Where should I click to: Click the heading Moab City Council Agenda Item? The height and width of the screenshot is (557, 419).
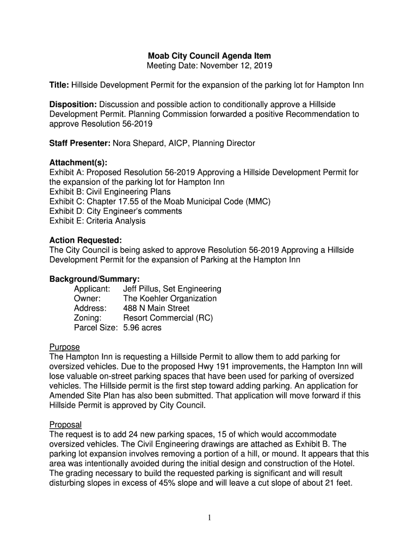point(209,56)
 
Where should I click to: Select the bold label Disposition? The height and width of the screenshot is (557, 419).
point(73,104)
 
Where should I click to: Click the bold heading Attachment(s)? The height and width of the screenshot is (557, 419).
point(78,163)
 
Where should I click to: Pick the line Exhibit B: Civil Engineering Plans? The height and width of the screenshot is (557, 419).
point(110,192)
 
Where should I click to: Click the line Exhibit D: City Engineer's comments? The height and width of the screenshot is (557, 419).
point(115,211)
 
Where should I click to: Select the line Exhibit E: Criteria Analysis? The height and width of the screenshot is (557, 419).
point(97,221)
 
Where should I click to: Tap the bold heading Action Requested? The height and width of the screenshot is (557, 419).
point(85,240)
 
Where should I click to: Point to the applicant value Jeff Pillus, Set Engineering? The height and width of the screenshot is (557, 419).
point(172,289)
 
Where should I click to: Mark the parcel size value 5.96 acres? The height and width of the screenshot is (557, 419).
point(142,328)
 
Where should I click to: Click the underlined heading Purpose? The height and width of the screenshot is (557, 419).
point(65,347)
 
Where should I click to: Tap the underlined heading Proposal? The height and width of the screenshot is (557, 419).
point(65,424)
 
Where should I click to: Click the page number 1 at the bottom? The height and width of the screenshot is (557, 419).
point(209,518)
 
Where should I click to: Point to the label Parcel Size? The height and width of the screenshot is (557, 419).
point(96,328)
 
